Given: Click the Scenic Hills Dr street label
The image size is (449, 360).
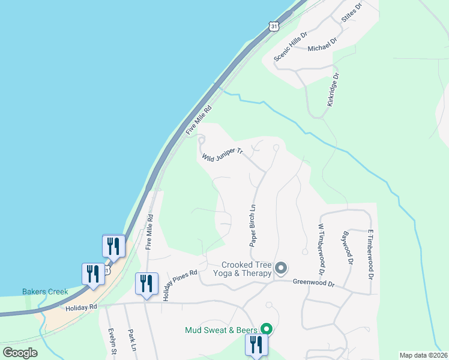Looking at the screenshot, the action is [x=291, y=46].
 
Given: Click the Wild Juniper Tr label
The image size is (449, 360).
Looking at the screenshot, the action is [x=221, y=155].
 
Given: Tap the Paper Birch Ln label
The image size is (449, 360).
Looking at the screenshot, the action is [x=253, y=226].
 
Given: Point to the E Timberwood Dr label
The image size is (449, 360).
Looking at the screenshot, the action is [x=370, y=254].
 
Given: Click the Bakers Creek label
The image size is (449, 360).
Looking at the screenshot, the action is [x=45, y=292].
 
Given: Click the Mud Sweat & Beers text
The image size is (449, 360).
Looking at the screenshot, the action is [x=221, y=329].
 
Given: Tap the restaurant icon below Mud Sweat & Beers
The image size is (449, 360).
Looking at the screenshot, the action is [x=255, y=346].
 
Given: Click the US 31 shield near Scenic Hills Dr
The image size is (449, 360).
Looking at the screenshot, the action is [x=274, y=26].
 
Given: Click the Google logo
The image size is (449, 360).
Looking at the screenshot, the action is [x=20, y=353].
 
